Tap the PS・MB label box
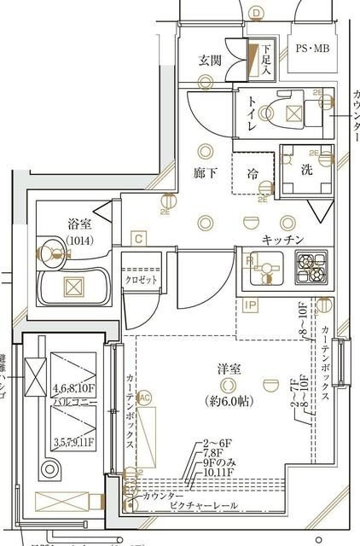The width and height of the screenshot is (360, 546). (x=312, y=50)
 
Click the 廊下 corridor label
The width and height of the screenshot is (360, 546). (x=206, y=173)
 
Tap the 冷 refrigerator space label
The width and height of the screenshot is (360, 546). (x=253, y=172)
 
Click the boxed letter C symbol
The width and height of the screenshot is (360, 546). (x=137, y=239)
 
